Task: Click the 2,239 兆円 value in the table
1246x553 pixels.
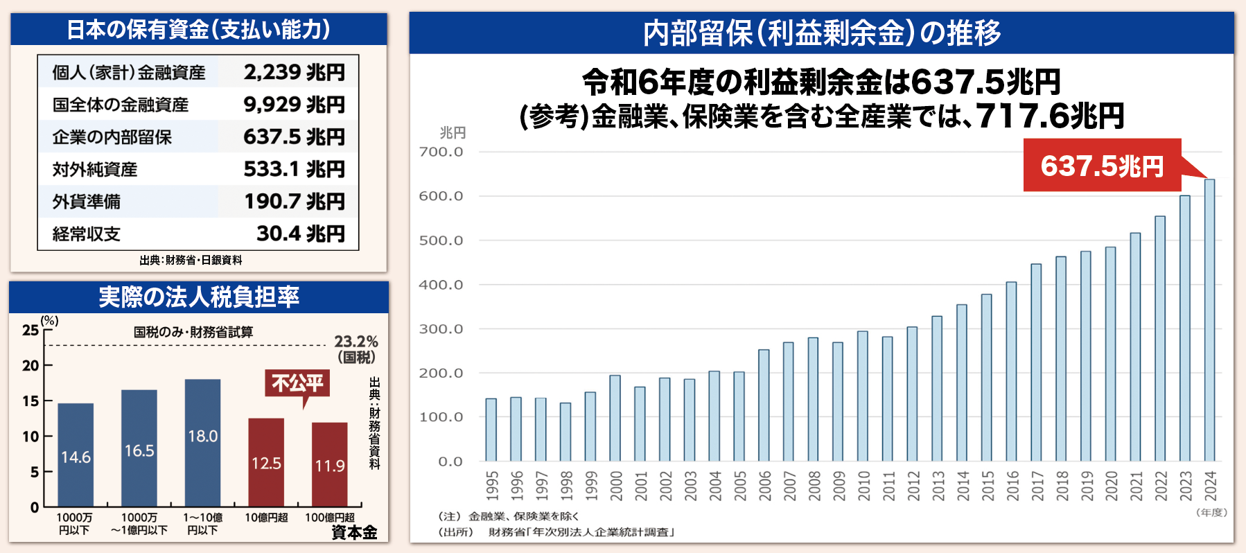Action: click(294, 72)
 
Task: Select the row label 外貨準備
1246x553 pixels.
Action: click(87, 202)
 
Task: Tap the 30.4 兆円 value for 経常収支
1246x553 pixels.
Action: click(300, 234)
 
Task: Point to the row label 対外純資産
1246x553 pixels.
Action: click(95, 170)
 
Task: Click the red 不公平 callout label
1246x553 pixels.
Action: click(297, 383)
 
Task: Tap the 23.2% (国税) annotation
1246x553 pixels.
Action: click(356, 349)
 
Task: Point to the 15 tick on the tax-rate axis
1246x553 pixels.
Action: click(30, 401)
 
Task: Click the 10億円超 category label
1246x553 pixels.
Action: click(266, 518)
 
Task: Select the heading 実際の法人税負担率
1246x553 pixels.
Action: click(199, 297)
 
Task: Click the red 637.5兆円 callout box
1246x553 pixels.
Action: click(1102, 166)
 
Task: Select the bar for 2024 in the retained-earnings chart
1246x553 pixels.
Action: click(1209, 320)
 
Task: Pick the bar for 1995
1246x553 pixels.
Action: click(491, 430)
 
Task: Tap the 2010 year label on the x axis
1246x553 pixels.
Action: click(863, 485)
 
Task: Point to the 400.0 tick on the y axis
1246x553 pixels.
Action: click(441, 285)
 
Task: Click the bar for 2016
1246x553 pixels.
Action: click(1011, 371)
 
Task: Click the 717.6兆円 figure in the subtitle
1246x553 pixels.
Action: click(1049, 116)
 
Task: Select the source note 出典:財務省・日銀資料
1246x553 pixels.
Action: click(191, 261)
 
